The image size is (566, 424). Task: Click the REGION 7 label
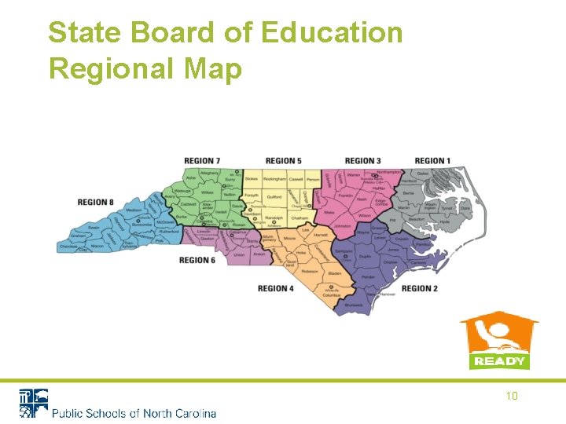tap(202, 162)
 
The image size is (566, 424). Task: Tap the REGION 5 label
tap(284, 162)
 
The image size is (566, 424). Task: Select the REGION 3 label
tap(363, 162)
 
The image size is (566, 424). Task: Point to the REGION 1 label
tap(432, 162)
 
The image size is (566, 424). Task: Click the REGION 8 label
tap(96, 203)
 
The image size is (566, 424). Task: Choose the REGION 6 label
tap(197, 261)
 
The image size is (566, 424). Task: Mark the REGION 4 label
tap(276, 289)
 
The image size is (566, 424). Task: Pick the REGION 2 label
tap(420, 289)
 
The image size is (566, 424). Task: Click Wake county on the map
tap(329, 212)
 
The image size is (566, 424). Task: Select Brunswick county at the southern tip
tap(354, 304)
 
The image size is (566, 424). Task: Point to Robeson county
tap(309, 269)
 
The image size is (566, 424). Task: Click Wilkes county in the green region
tap(207, 192)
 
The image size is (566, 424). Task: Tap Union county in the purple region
tap(239, 255)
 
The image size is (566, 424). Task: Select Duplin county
tap(365, 256)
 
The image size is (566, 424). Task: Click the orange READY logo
tap(498, 342)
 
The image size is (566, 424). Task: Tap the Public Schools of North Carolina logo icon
tap(33, 402)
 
